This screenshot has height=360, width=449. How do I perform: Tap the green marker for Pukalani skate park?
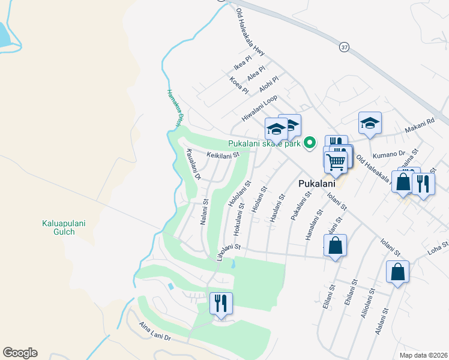(x=310, y=143)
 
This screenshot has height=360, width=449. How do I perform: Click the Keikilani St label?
(x=223, y=155)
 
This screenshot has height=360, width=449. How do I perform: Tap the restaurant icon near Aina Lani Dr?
(x=221, y=303)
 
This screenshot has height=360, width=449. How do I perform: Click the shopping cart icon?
(x=336, y=161)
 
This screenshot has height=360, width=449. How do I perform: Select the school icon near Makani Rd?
(x=370, y=123)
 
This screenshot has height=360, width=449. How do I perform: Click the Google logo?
(x=20, y=353)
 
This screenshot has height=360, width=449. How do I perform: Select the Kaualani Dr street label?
(x=193, y=165)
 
